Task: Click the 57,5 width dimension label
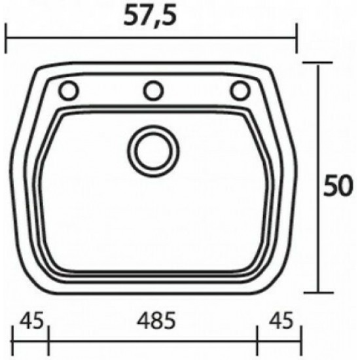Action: pyautogui.click(x=151, y=16)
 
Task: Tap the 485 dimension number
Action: pyautogui.click(x=156, y=320)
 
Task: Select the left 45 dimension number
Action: pyautogui.click(x=31, y=320)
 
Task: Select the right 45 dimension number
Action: pyautogui.click(x=281, y=320)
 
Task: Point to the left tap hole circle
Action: pyautogui.click(x=69, y=90)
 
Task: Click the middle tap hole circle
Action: pyautogui.click(x=153, y=90)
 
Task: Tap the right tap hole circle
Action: pyautogui.click(x=240, y=90)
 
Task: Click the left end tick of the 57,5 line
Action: pyautogui.click(x=6, y=38)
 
